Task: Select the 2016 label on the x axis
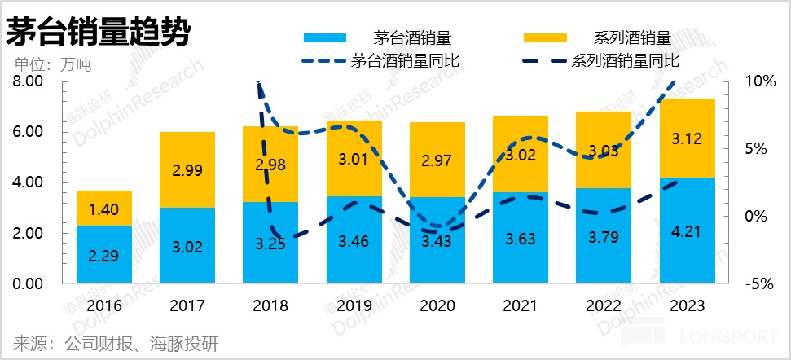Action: coord(104,305)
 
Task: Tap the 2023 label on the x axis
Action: coord(688,305)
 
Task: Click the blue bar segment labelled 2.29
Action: coord(104,254)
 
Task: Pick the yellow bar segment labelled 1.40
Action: coord(104,209)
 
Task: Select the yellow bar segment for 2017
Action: coord(187,169)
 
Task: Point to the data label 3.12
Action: coord(688,140)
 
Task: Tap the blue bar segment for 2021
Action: coord(521,238)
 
